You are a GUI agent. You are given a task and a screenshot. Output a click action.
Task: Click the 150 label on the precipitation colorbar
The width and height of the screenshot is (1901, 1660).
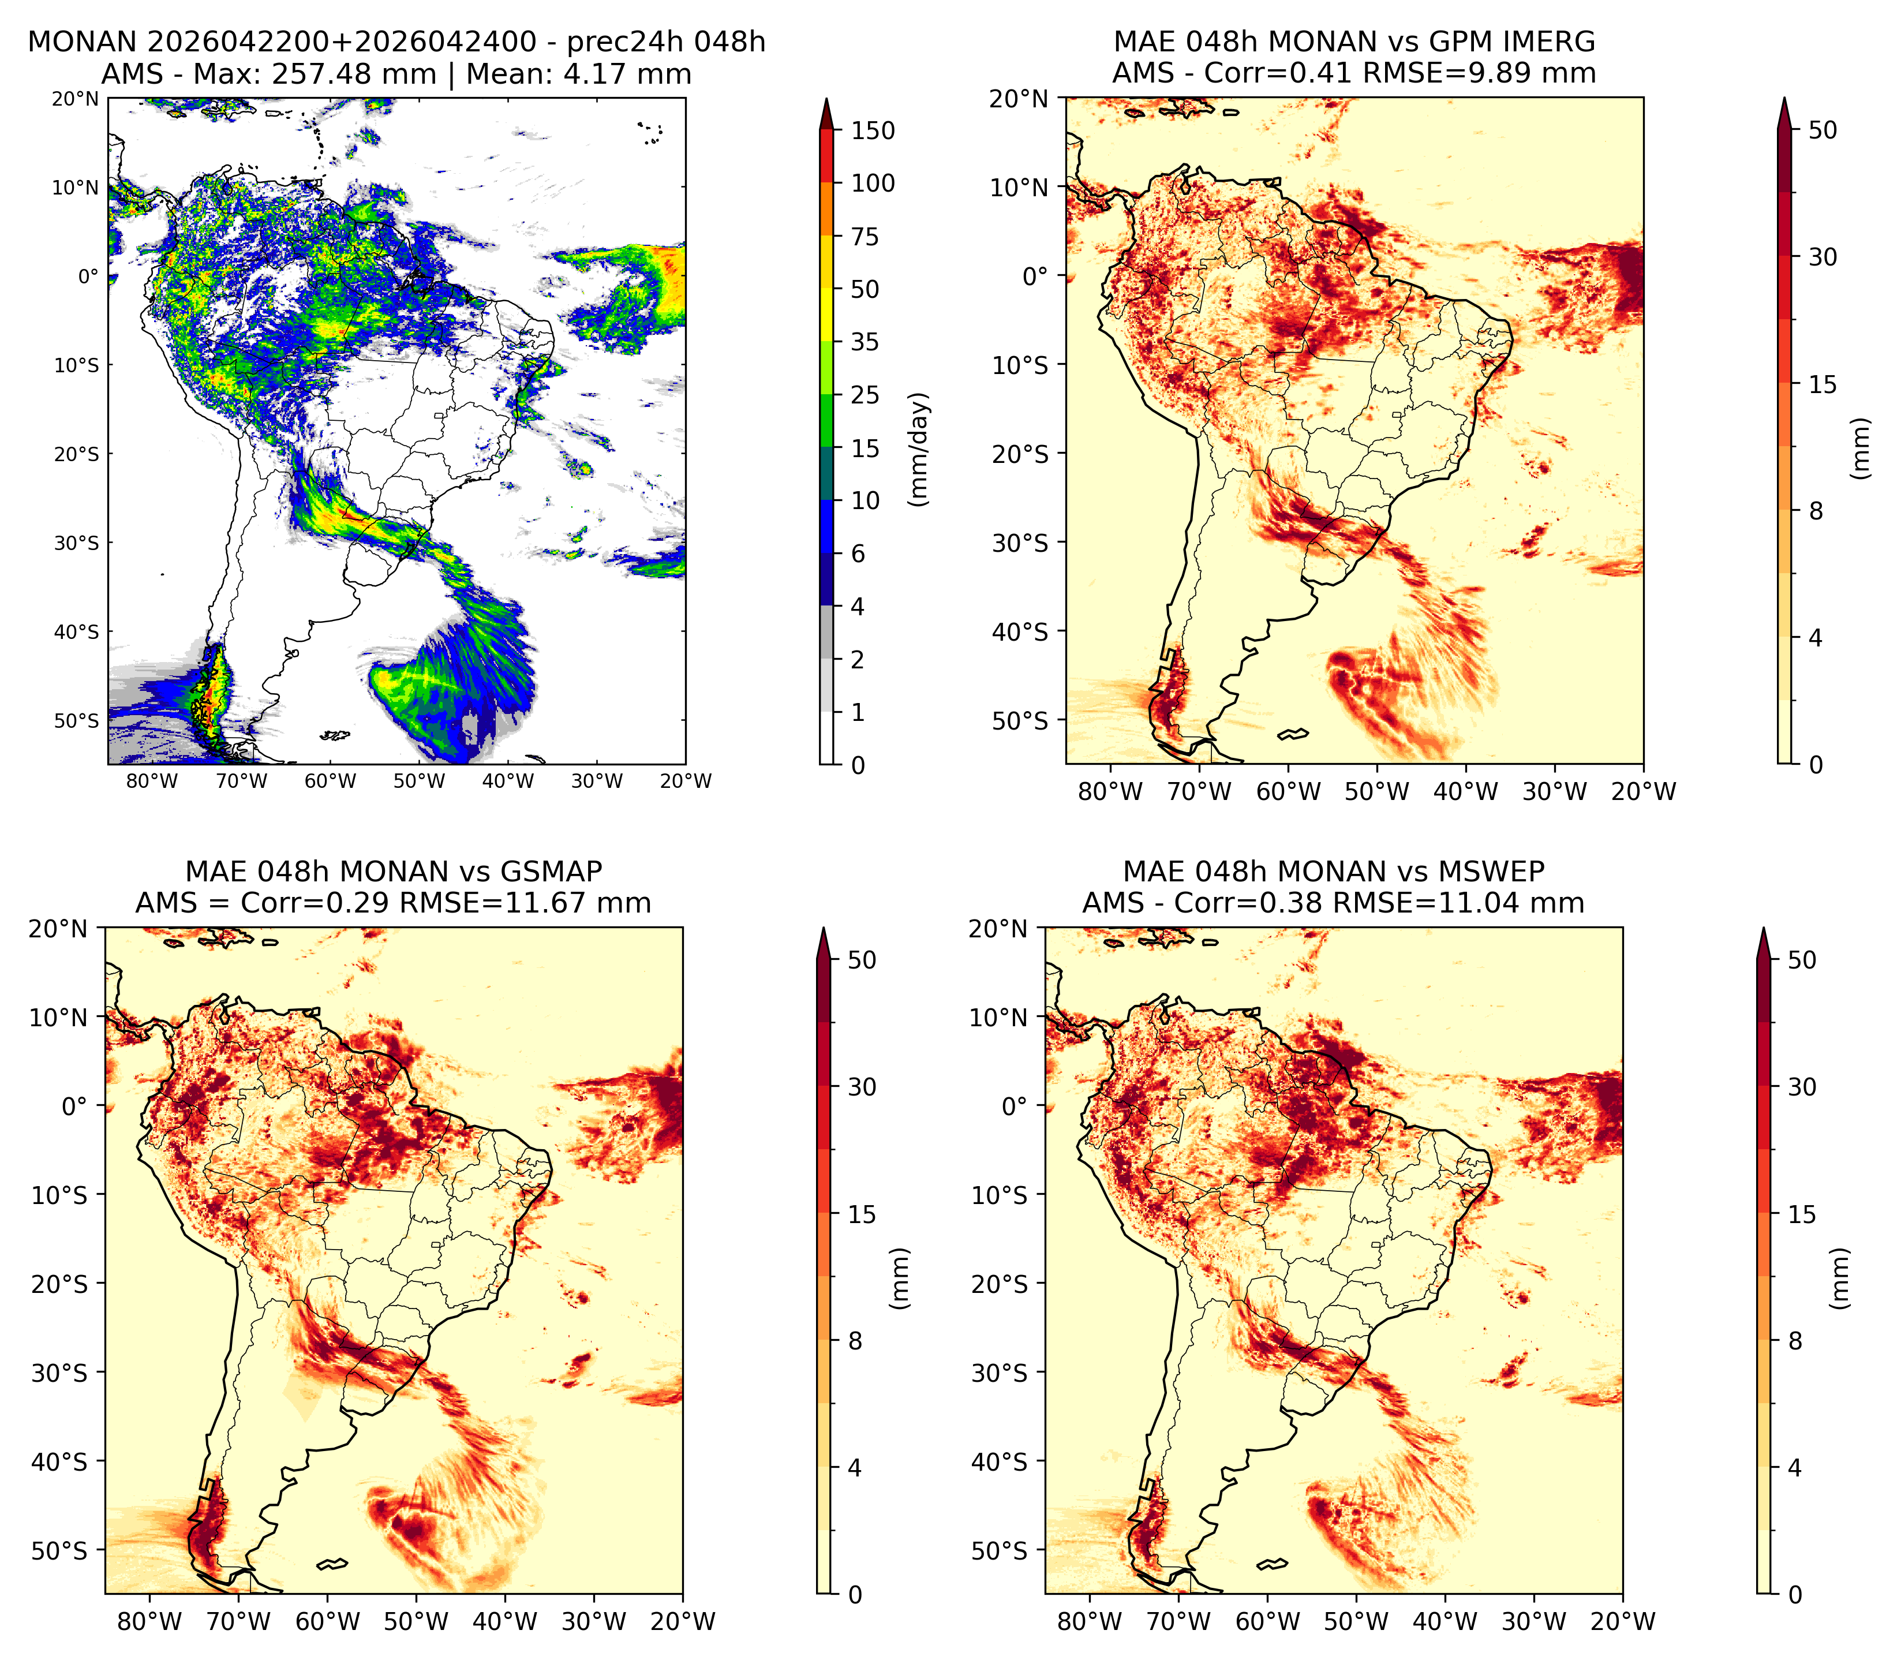point(873,130)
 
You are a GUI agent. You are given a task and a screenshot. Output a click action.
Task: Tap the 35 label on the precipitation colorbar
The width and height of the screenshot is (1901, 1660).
point(865,342)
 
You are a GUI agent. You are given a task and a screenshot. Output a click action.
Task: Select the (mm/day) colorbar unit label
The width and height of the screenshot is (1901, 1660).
point(919,449)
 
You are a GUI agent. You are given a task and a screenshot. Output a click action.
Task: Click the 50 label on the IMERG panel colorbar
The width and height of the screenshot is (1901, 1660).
point(1823,130)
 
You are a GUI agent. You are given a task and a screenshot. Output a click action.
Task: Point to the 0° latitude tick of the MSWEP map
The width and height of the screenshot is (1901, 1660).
point(1015,1106)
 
